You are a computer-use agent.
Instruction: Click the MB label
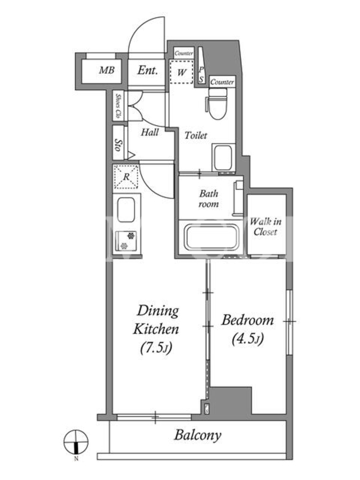tap(107, 70)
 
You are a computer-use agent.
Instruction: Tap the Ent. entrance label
tap(148, 70)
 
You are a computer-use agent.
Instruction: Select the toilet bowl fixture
tap(217, 104)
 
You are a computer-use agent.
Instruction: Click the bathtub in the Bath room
tap(212, 237)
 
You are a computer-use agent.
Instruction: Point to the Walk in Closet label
tap(265, 227)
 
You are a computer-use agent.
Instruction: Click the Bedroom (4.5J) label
tap(248, 329)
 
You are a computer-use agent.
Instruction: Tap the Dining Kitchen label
tap(156, 329)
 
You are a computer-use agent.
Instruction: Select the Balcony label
tap(198, 435)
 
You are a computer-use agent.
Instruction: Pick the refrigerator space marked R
tap(126, 176)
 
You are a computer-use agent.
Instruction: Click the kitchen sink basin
tap(126, 209)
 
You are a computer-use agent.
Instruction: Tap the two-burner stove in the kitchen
tap(126, 241)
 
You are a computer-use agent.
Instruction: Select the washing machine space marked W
tap(182, 72)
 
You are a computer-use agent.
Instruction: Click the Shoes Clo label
tap(118, 106)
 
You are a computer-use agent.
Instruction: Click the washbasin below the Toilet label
tap(223, 157)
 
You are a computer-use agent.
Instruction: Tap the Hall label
tap(149, 132)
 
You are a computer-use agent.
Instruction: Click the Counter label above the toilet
tap(222, 82)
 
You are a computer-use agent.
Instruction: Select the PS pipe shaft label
tap(201, 74)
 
